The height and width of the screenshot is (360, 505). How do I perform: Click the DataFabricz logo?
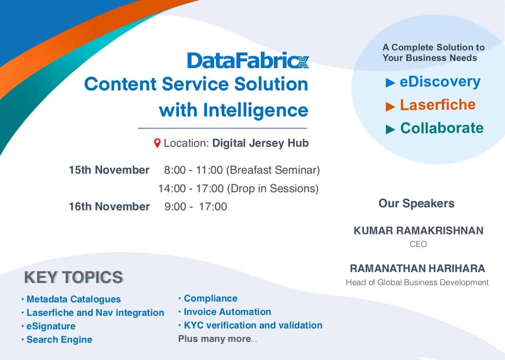click(248, 60)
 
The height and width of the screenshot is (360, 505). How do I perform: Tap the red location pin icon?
click(157, 143)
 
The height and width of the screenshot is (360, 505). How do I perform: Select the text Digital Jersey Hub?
click(260, 143)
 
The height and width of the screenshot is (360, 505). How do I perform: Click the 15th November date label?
click(109, 170)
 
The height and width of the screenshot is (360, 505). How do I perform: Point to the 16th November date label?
click(109, 206)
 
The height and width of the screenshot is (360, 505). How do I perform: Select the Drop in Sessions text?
click(273, 188)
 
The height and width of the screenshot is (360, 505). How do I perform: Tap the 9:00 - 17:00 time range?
click(195, 206)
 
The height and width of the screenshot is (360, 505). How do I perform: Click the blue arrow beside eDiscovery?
click(390, 82)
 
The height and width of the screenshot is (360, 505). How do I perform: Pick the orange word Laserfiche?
click(438, 105)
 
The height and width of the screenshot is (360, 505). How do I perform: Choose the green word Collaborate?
click(442, 128)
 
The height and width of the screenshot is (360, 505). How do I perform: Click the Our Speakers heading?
click(416, 204)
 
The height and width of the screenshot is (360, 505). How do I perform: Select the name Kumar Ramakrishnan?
click(418, 231)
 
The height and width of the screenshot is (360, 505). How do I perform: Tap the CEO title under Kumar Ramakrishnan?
click(418, 244)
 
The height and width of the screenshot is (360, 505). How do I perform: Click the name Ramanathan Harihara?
click(417, 269)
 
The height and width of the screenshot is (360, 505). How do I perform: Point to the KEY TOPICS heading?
click(74, 277)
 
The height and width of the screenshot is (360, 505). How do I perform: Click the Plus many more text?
click(218, 339)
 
